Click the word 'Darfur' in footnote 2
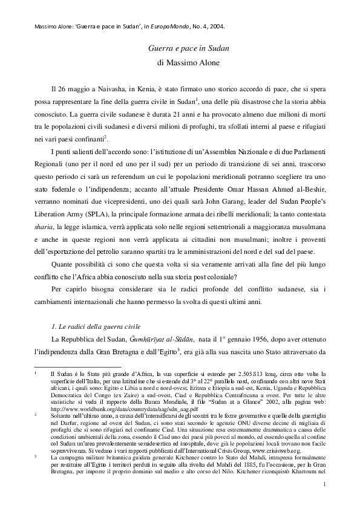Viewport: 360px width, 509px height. (62, 424)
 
